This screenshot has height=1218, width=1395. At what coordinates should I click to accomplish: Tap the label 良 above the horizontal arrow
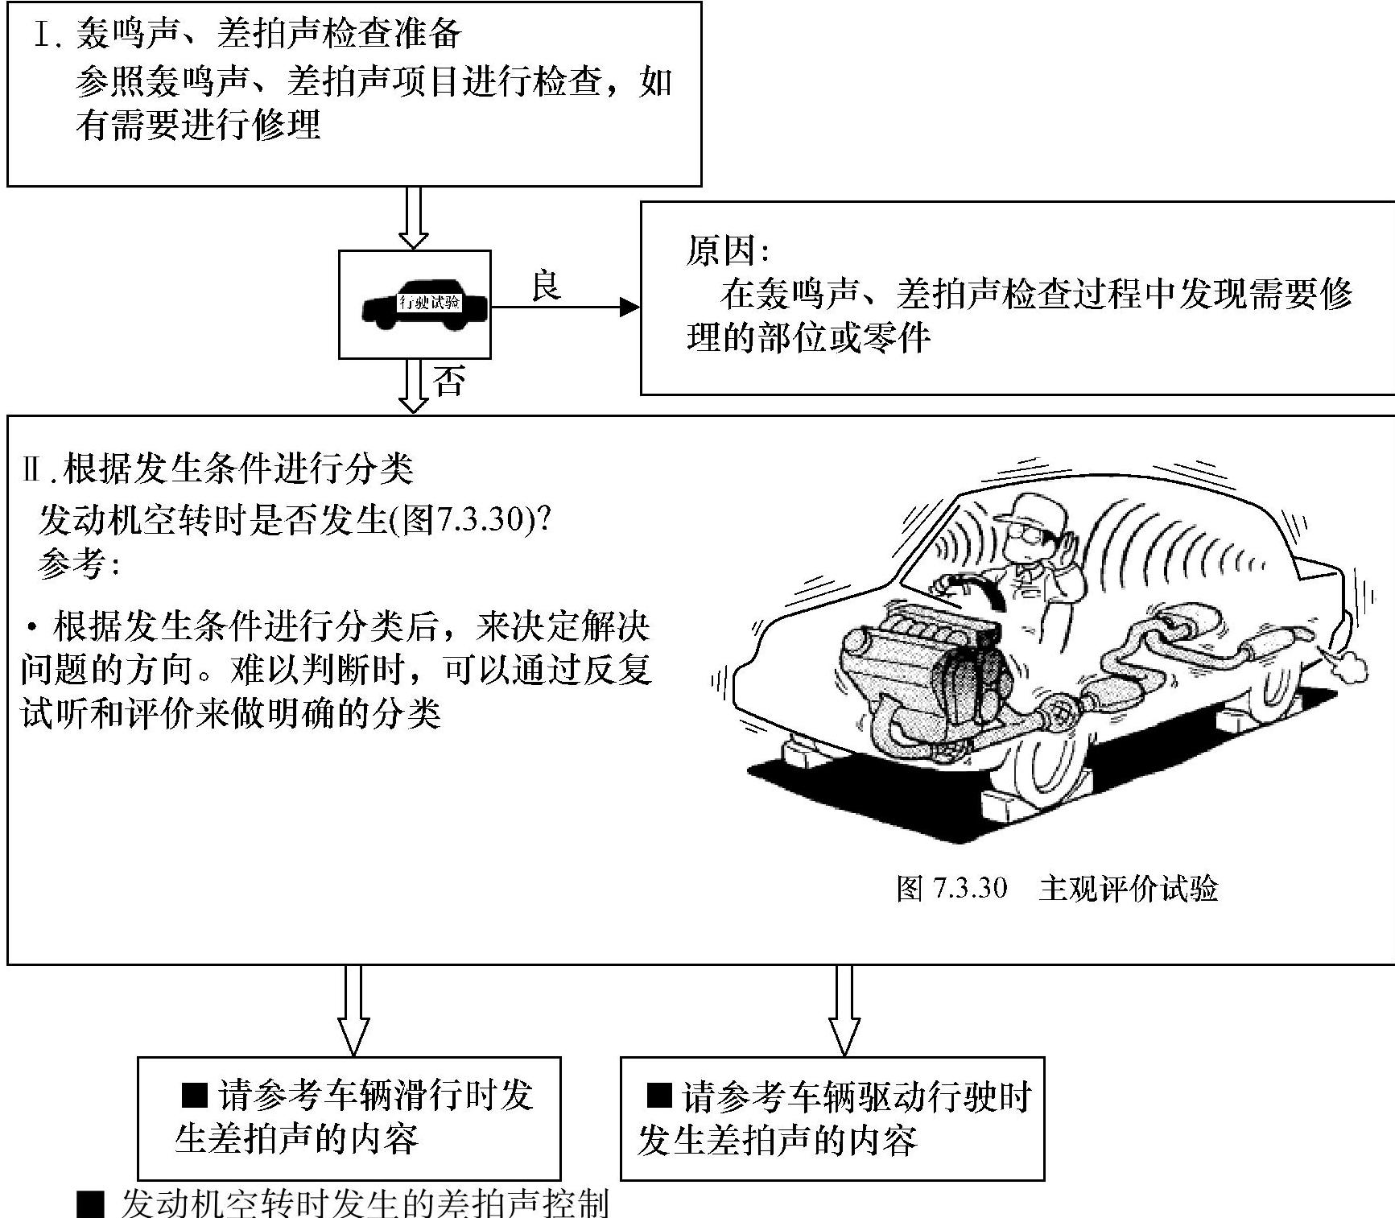tap(546, 286)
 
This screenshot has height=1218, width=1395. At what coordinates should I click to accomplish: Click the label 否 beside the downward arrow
tap(449, 381)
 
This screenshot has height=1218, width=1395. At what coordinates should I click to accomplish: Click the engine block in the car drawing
tap(926, 668)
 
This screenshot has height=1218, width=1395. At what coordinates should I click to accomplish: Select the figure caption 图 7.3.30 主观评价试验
tap(1057, 888)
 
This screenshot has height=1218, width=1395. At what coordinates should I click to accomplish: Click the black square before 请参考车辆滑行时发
tap(195, 1095)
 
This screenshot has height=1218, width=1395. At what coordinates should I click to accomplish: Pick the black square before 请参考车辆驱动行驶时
tap(659, 1095)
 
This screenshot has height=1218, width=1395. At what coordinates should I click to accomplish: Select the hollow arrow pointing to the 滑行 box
tap(353, 1010)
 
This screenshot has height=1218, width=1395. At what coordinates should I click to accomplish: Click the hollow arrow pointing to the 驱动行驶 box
tap(844, 1010)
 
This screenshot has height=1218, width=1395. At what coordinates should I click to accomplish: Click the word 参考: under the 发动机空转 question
tap(79, 564)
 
